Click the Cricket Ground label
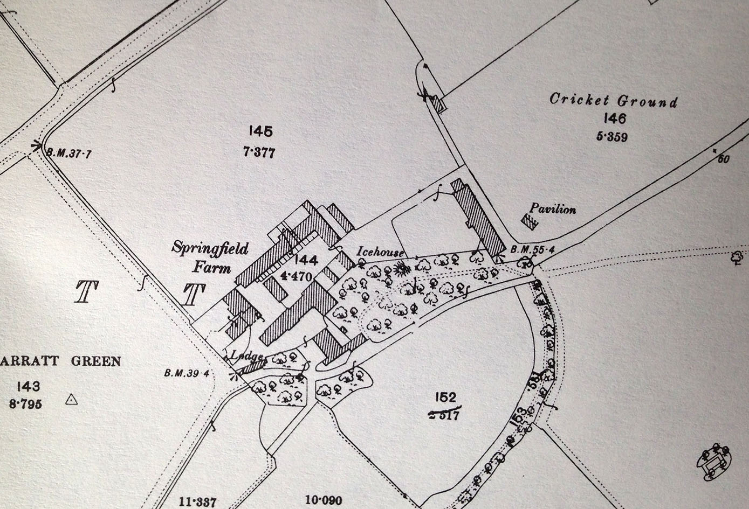[x=613, y=100]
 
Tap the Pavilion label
[x=553, y=209]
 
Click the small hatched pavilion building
[x=530, y=221]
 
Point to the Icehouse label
[x=380, y=251]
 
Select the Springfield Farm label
[x=210, y=257]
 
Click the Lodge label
[x=246, y=355]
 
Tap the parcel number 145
[x=260, y=131]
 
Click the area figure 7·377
[x=259, y=152]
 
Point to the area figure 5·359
[x=612, y=137]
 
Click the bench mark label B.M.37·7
[x=69, y=153]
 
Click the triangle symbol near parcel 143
[x=71, y=400]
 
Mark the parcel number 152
[x=445, y=398]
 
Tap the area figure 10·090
[x=324, y=500]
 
